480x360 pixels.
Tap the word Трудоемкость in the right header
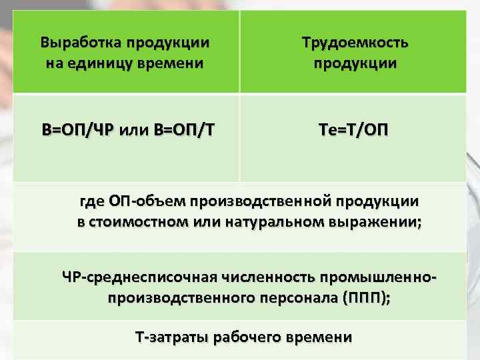tap(355, 43)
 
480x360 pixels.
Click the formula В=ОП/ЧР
tap(73, 129)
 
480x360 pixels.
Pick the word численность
tap(261, 275)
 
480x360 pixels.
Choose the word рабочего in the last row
tap(247, 337)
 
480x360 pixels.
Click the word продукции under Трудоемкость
tap(355, 64)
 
